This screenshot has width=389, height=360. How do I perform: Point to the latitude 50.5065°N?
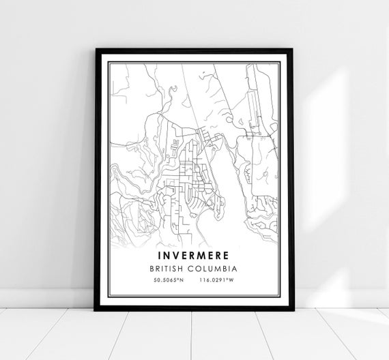pyautogui.click(x=168, y=280)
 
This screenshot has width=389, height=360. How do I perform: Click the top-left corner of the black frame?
pyautogui.click(x=97, y=50)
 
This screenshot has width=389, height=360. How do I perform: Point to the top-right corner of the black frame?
pyautogui.click(x=293, y=50)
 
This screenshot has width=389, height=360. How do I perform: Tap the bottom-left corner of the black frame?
pyautogui.click(x=96, y=310)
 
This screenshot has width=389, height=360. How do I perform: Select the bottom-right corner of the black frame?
pyautogui.click(x=293, y=310)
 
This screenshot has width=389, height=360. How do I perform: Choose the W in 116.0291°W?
pyautogui.click(x=233, y=280)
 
